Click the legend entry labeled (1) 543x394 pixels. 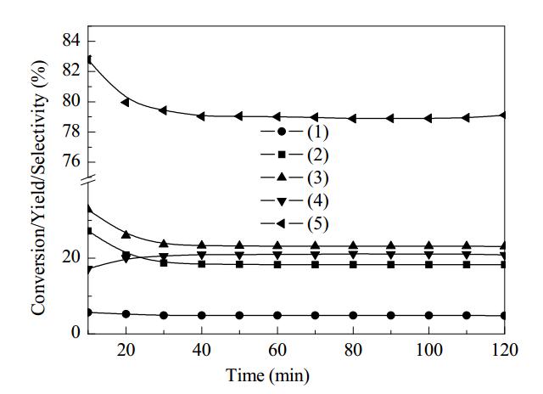[294, 132]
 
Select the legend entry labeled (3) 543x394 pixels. [294, 177]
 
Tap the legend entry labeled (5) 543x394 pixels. [294, 223]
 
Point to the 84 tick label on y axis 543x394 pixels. [71, 41]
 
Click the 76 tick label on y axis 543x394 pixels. [71, 161]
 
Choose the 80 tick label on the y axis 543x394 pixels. [71, 102]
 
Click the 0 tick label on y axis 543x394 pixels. [76, 332]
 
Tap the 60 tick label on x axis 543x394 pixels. [277, 350]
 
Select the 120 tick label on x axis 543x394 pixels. [505, 350]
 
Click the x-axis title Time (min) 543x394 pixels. [267, 375]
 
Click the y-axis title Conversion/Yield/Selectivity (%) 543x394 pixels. [39, 188]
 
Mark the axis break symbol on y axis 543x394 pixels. [88, 179]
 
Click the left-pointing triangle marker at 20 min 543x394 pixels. [125, 103]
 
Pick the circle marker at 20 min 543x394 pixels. [126, 314]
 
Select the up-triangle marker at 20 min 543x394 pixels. [126, 234]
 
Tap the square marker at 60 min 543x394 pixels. [277, 264]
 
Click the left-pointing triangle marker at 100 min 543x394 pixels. [428, 119]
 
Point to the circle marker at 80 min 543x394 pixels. [353, 315]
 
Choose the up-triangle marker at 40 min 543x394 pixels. [202, 245]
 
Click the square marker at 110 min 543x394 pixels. [467, 264]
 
